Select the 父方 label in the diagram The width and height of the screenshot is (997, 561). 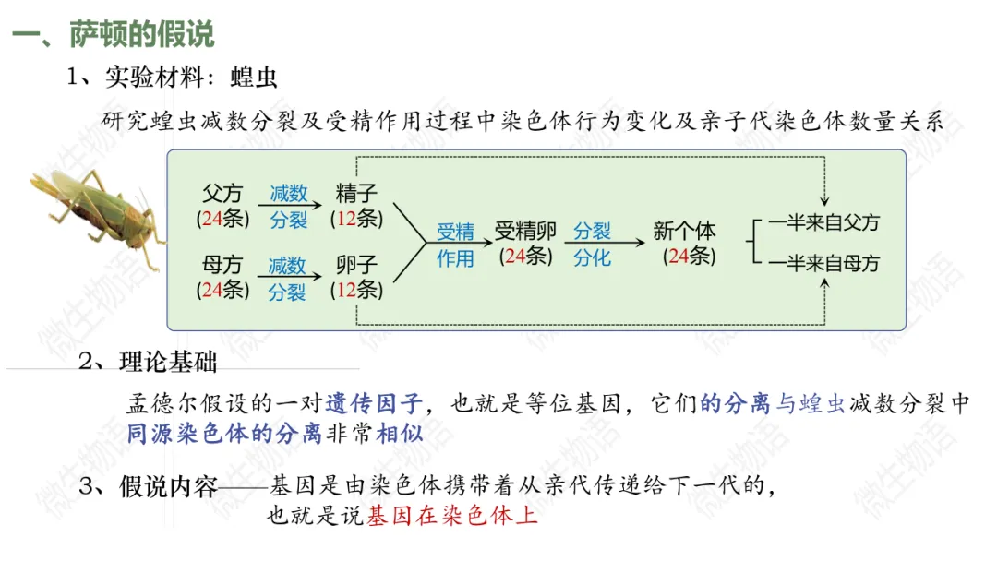click(x=222, y=194)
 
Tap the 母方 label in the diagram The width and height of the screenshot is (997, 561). click(x=222, y=266)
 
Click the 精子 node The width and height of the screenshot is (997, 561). click(x=356, y=194)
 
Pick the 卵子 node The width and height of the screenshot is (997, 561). click(x=356, y=266)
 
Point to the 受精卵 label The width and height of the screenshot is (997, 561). click(x=524, y=231)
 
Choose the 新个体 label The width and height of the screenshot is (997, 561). click(x=685, y=231)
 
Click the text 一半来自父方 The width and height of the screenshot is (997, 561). click(x=824, y=222)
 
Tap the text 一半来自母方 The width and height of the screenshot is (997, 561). click(x=824, y=264)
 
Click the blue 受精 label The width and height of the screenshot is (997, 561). click(x=455, y=232)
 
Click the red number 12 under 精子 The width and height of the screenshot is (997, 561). click(x=346, y=219)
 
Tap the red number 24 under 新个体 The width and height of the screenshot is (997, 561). click(x=679, y=256)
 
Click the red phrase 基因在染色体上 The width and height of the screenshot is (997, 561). click(x=452, y=516)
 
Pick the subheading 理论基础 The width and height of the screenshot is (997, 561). click(x=168, y=363)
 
